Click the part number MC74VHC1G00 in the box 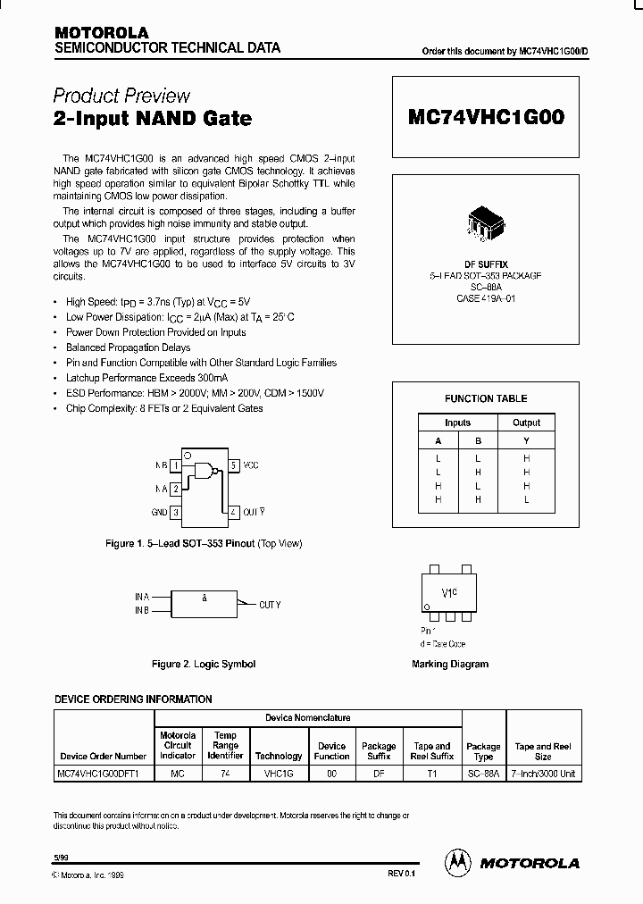click(486, 117)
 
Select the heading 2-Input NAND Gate click(152, 118)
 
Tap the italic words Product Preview click(121, 96)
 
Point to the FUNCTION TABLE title click(486, 398)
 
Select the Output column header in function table click(526, 423)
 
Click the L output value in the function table click(526, 499)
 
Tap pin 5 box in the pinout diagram click(233, 465)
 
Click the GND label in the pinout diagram click(158, 512)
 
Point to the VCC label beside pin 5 click(252, 465)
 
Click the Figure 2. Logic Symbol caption click(204, 664)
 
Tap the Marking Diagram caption click(450, 664)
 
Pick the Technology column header click(279, 756)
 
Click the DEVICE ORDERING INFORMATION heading click(134, 699)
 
